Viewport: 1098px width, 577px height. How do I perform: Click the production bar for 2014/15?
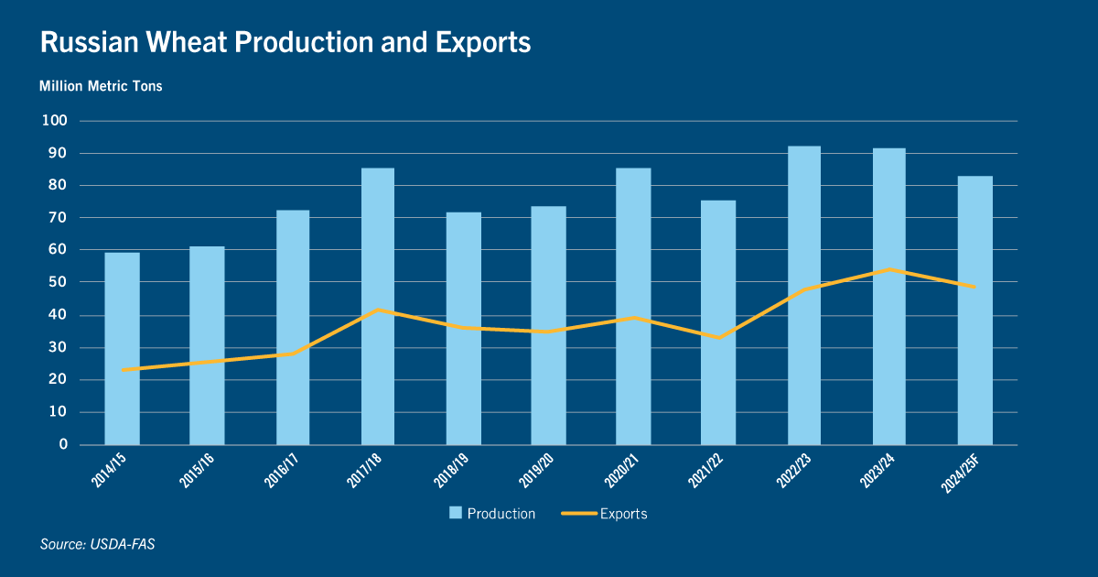click(122, 349)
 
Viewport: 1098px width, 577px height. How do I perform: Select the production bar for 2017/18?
click(377, 307)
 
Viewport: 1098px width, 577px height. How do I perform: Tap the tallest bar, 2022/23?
click(804, 295)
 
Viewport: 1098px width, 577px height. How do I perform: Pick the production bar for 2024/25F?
click(975, 310)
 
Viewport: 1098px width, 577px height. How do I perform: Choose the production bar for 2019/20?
click(548, 326)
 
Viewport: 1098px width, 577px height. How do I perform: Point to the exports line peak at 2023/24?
click(889, 269)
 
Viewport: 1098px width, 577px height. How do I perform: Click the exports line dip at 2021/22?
click(718, 338)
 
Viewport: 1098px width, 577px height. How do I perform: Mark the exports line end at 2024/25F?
click(974, 287)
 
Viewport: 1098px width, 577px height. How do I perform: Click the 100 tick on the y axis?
click(54, 121)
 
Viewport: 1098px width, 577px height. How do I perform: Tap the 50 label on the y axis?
click(58, 282)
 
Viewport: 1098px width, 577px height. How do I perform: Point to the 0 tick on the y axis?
click(63, 444)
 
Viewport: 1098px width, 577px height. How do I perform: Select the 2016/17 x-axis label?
click(282, 471)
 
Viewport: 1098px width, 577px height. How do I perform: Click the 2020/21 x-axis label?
click(621, 471)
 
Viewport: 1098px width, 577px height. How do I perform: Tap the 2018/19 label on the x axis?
click(451, 471)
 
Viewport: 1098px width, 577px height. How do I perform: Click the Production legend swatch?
click(456, 513)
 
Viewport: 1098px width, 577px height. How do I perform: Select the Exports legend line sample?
click(579, 514)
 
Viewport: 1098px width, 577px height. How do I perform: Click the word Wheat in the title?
click(187, 42)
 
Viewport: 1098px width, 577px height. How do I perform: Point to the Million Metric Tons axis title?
click(101, 86)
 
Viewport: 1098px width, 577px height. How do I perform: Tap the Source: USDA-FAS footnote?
click(98, 544)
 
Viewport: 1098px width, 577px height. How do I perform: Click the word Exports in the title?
click(483, 43)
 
